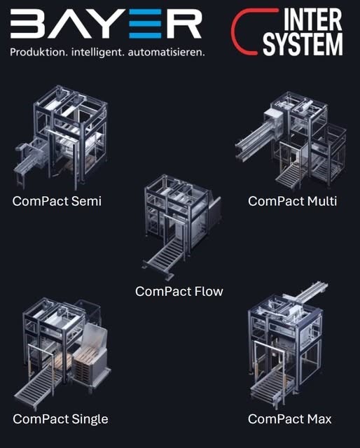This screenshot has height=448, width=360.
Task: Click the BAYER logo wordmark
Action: [x=106, y=23]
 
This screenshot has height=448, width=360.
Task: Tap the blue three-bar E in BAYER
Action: [x=145, y=23]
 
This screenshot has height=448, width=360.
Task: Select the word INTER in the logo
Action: [x=313, y=20]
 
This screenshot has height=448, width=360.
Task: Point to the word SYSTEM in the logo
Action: [x=303, y=44]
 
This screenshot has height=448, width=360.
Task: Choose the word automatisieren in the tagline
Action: [x=167, y=52]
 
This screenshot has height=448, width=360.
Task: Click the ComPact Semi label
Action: [x=57, y=201]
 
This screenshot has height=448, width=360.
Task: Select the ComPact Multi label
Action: [x=292, y=201]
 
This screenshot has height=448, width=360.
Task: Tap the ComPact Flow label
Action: [x=179, y=291]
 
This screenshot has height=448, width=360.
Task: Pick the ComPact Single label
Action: [x=60, y=419]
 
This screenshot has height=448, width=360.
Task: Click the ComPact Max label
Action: [x=290, y=419]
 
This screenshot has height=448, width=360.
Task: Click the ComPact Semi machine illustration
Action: [x=61, y=136]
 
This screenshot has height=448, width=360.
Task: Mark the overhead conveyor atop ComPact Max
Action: [x=311, y=294]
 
